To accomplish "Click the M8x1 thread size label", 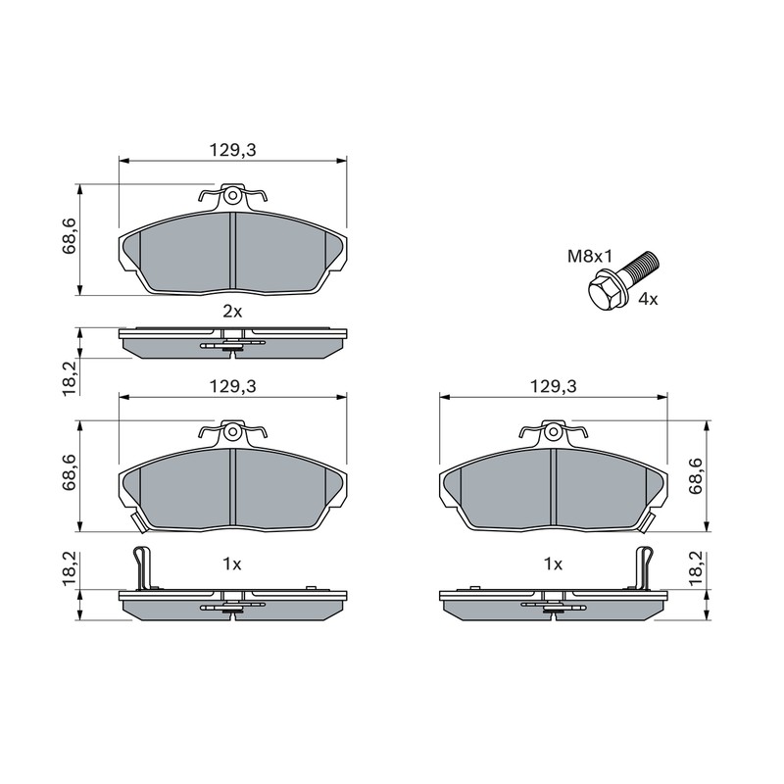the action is click(x=590, y=257).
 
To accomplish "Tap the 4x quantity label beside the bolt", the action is click(x=649, y=300).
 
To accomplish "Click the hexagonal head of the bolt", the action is click(x=604, y=291).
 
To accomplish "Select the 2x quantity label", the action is click(x=232, y=312).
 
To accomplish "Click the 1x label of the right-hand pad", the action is click(x=553, y=564).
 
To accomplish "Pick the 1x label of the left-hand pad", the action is click(x=232, y=564).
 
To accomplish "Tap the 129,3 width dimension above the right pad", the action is click(x=553, y=386).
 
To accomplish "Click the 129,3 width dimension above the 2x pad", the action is click(x=232, y=150).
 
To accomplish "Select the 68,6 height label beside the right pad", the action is click(x=696, y=476).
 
